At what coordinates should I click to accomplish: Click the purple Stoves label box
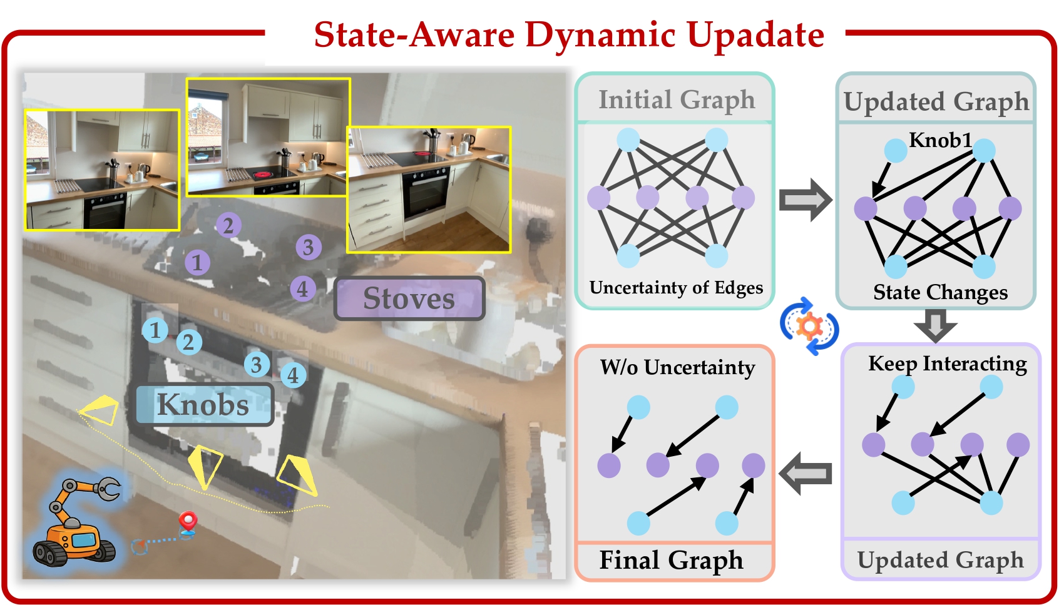[x=409, y=298]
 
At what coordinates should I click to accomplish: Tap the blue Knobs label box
[x=204, y=404]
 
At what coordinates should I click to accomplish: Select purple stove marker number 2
[x=228, y=225]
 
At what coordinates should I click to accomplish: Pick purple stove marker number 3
[x=308, y=247]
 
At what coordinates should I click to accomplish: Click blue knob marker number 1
[x=155, y=330]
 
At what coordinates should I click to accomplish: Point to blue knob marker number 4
[x=293, y=375]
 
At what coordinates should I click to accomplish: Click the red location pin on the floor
[x=188, y=521]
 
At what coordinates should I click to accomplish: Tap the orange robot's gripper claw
[x=109, y=489]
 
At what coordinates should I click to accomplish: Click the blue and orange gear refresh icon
[x=809, y=326]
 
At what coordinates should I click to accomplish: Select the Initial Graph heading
[x=677, y=99]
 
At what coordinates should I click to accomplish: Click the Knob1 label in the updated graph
[x=939, y=140]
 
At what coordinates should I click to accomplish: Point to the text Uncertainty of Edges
[x=676, y=287]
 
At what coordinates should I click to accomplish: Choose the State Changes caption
[x=940, y=292]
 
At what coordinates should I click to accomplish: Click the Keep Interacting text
[x=947, y=364]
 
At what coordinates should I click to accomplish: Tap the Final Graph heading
[x=671, y=560]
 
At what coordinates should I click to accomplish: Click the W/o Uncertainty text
[x=677, y=367]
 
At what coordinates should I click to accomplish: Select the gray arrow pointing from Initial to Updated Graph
[x=806, y=200]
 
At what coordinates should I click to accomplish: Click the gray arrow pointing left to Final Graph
[x=806, y=474]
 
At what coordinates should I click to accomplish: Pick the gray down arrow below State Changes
[x=935, y=325]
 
